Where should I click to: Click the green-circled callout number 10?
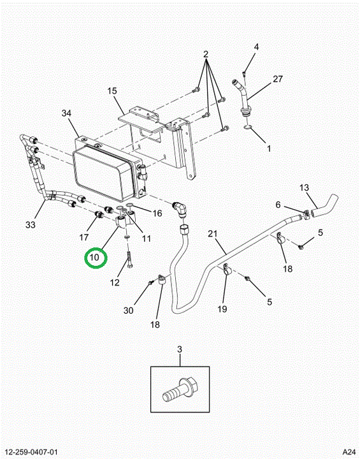coord(95,258)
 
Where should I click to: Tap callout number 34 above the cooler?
coord(66,113)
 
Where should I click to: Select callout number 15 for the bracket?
coord(112,91)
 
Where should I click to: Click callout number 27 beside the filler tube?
coord(278,79)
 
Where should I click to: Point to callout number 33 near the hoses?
coord(31,225)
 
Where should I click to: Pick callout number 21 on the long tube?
coord(213,233)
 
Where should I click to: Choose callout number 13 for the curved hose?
coord(304,187)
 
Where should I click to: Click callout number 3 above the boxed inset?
coord(180,349)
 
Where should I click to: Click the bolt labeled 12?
coord(129,259)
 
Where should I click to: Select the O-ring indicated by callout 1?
coord(248,127)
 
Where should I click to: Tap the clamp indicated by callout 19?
coord(227,270)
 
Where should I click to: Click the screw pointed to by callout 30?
coord(151,282)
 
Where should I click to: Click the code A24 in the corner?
coord(349,452)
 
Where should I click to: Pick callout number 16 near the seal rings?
coord(157,213)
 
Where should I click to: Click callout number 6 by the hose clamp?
coord(278,205)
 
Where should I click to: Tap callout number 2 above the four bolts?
coord(206,54)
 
